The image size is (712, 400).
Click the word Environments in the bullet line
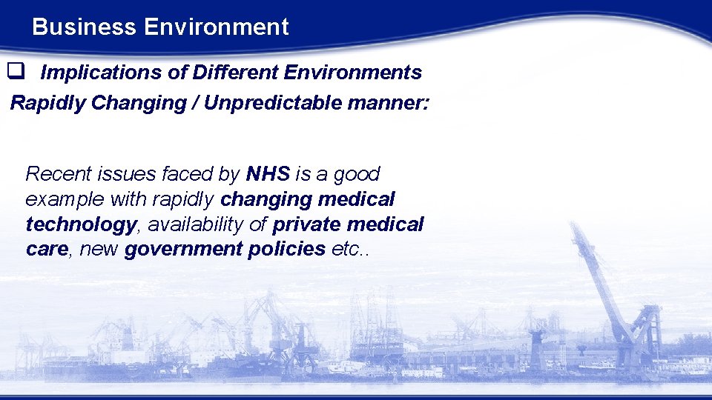pyautogui.click(x=352, y=73)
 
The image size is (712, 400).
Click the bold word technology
pyautogui.click(x=81, y=224)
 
